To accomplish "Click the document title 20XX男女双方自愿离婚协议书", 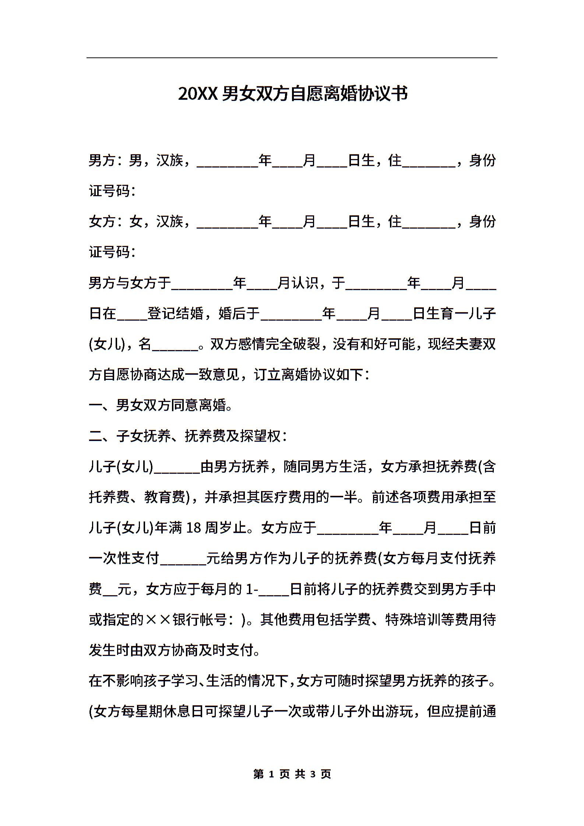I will click(293, 94).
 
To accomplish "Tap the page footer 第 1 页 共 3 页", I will click(292, 774).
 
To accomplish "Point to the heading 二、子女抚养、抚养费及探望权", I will click(187, 436).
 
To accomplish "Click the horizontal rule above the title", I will click(292, 58).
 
